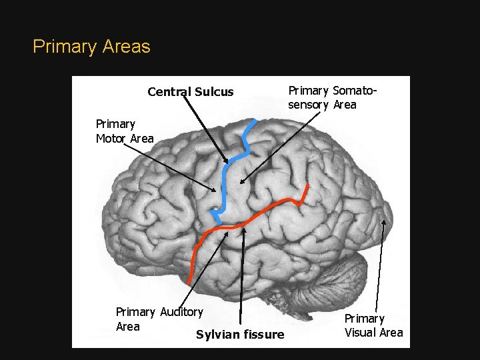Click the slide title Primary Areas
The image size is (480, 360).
pyautogui.click(x=91, y=47)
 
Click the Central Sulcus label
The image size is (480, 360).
pyautogui.click(x=191, y=92)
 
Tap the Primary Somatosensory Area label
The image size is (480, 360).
pyautogui.click(x=332, y=97)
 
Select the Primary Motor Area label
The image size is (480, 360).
pyautogui.click(x=125, y=131)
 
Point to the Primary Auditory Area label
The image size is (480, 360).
pyautogui.click(x=159, y=319)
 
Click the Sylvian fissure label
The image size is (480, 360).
pyautogui.click(x=240, y=335)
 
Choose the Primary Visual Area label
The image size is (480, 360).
pyautogui.click(x=373, y=325)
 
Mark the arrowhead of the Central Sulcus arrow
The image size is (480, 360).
pyautogui.click(x=227, y=162)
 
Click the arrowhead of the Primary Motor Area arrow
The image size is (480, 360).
pyautogui.click(x=215, y=191)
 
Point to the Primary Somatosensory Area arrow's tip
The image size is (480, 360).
pyautogui.click(x=241, y=181)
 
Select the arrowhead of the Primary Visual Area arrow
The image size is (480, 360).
pyautogui.click(x=385, y=221)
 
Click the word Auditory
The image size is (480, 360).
pyautogui.click(x=181, y=312)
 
